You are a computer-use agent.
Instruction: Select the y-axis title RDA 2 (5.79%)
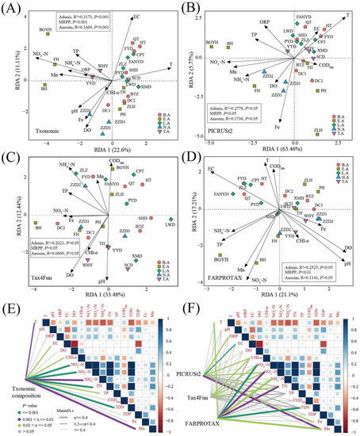185,71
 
